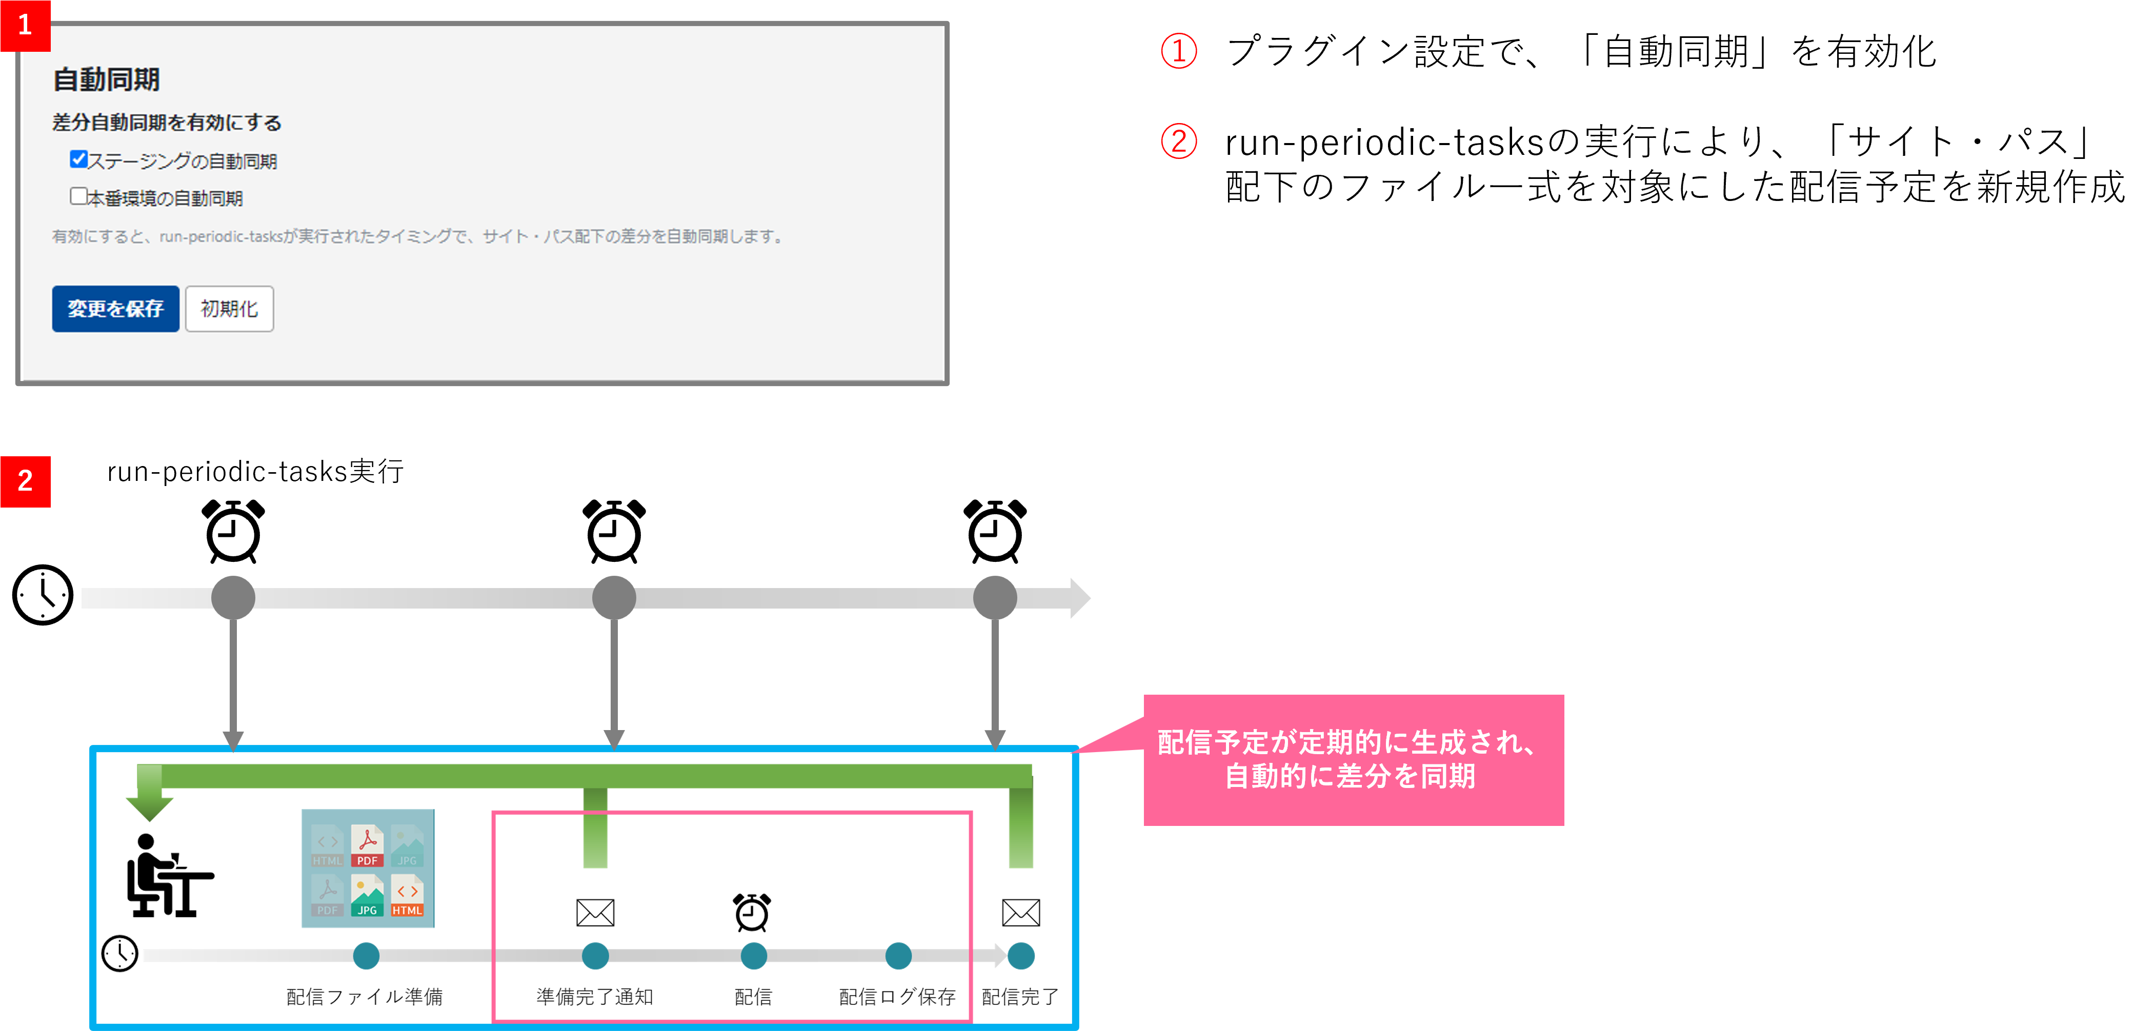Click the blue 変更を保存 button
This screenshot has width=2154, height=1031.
point(115,309)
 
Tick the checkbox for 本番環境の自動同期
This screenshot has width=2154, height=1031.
point(78,196)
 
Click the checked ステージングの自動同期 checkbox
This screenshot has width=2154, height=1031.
point(78,159)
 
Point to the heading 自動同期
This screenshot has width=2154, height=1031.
point(106,79)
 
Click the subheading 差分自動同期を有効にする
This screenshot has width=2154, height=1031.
point(167,123)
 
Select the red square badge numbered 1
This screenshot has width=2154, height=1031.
point(25,25)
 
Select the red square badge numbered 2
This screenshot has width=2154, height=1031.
point(25,481)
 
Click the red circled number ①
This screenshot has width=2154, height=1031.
point(1178,51)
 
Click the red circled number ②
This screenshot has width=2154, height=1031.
point(1178,140)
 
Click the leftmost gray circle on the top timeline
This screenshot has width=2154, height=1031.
point(233,598)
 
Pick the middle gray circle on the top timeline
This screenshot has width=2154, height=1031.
point(614,598)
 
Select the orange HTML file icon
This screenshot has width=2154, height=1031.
point(407,896)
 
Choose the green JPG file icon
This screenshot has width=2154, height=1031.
point(367,896)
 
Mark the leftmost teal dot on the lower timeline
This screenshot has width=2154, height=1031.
point(366,956)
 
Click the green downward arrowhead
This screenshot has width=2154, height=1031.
point(150,807)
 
